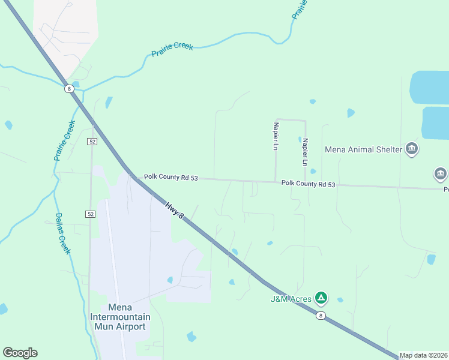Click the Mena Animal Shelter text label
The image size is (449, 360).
click(x=363, y=149)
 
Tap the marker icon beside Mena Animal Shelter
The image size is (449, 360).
click(x=411, y=148)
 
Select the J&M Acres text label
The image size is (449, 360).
click(x=291, y=298)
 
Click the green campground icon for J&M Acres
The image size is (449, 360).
click(x=321, y=297)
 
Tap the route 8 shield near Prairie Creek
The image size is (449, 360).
click(x=70, y=89)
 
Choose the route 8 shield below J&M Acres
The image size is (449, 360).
click(x=321, y=316)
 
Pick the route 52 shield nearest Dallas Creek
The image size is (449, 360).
click(x=91, y=214)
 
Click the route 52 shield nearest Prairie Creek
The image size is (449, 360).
click(x=92, y=141)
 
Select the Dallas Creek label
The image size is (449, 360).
click(x=63, y=233)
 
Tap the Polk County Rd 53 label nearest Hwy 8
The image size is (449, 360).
click(x=170, y=178)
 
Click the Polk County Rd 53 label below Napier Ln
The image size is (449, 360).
click(x=308, y=183)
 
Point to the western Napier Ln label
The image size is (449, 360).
click(x=276, y=136)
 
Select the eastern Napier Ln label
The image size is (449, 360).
click(x=305, y=152)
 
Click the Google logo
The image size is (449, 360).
click(x=20, y=353)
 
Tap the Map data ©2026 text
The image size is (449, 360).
click(x=423, y=355)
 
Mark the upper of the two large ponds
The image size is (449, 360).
click(x=430, y=88)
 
